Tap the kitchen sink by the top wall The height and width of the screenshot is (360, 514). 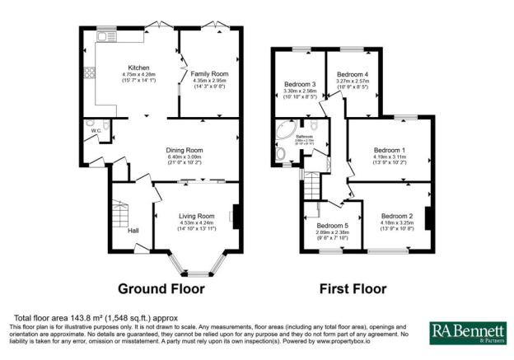point(108,37)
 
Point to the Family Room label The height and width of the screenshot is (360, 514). point(209,74)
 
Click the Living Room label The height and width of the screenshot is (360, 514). point(196,216)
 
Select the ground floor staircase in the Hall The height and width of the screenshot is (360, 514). point(119,217)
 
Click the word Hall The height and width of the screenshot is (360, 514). point(133,231)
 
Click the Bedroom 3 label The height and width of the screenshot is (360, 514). point(301,85)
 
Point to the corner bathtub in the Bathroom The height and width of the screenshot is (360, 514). point(286,132)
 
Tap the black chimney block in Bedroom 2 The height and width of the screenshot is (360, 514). point(428,218)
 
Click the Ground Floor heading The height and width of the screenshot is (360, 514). point(161,289)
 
